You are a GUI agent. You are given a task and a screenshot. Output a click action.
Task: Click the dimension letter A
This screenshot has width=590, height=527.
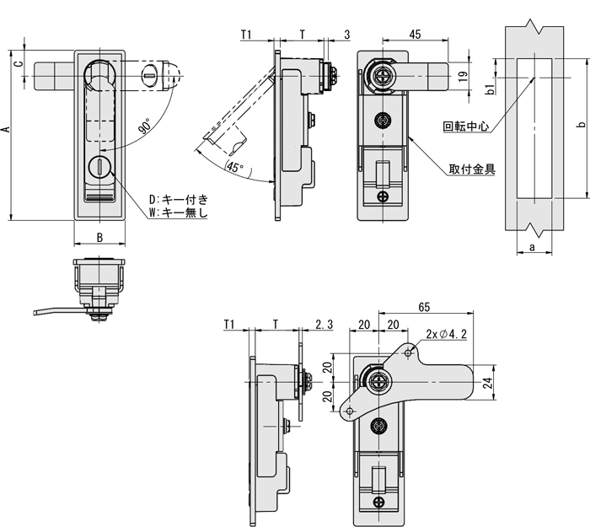point(6,129)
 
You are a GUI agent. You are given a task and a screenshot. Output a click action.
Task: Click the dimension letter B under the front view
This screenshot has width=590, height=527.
point(99,237)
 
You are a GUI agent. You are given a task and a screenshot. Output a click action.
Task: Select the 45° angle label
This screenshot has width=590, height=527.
point(235,167)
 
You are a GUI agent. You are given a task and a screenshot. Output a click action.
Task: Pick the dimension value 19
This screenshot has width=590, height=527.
point(463,76)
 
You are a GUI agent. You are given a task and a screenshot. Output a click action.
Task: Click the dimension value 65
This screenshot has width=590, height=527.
point(425,308)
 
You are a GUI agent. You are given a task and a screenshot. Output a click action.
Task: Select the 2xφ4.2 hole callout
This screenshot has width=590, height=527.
point(446,335)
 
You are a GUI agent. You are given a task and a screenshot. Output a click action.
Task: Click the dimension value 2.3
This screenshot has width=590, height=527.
point(324,325)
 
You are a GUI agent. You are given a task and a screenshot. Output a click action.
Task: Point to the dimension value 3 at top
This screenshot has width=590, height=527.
point(347,35)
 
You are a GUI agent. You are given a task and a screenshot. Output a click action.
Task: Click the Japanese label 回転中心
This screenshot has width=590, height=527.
point(465,127)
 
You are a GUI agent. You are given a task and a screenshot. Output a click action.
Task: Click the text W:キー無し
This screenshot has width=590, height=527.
point(178,212)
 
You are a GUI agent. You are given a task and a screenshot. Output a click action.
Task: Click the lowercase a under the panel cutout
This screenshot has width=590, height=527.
point(533,246)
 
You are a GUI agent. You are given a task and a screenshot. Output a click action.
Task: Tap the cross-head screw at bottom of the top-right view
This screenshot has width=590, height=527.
point(384,197)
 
